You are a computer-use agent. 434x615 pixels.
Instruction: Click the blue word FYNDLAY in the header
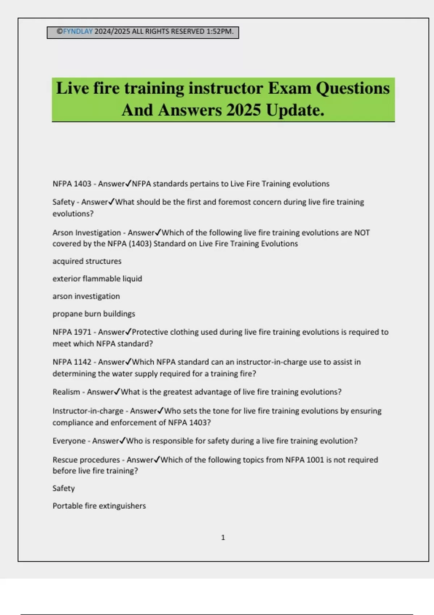click(78, 31)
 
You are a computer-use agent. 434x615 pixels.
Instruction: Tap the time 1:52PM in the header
click(220, 31)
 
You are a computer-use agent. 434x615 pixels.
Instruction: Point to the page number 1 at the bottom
click(223, 538)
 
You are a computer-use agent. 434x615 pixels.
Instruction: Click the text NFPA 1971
click(72, 332)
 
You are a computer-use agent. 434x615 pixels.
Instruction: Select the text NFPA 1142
click(72, 362)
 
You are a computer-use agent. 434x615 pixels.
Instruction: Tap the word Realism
click(66, 392)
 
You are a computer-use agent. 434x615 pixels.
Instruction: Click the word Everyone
click(69, 441)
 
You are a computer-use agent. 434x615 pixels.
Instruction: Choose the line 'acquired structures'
click(87, 261)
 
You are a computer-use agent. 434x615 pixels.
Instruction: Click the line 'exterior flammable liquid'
click(97, 279)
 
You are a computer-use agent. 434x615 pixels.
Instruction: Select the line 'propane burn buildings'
click(94, 314)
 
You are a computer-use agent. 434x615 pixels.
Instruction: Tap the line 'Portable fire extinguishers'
click(99, 506)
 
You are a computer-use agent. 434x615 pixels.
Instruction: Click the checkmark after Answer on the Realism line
click(117, 392)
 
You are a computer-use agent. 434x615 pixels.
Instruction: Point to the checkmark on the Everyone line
click(123, 441)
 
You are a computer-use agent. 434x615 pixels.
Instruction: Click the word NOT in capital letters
click(362, 233)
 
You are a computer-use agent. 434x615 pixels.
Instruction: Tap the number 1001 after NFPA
click(315, 460)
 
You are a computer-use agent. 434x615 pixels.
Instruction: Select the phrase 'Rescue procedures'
click(86, 460)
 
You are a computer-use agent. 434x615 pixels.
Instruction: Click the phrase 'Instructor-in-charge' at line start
click(88, 411)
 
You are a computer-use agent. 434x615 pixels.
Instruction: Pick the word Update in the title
click(295, 110)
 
